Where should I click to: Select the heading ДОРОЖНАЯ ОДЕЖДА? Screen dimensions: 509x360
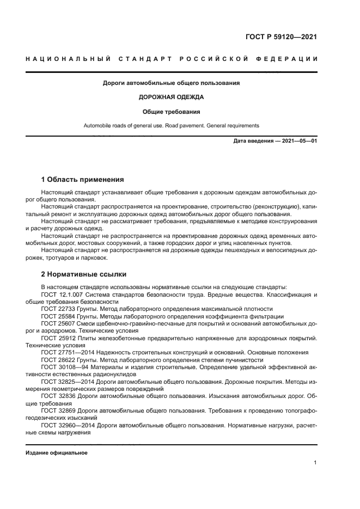coord(172,97)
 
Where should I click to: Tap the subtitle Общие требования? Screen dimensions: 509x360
coord(172,112)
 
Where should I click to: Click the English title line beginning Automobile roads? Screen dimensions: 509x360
coord(172,126)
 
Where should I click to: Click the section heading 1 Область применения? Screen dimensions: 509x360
coord(83,179)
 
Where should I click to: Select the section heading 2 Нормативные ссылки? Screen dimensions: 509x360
coord(84,274)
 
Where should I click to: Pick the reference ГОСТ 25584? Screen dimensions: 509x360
coord(59,316)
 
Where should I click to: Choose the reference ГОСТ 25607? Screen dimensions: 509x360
coord(59,323)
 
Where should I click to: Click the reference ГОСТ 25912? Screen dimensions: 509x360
coord(59,338)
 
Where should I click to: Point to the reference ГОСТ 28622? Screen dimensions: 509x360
coord(59,359)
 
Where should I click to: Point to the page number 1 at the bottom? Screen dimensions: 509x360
coord(315,463)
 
